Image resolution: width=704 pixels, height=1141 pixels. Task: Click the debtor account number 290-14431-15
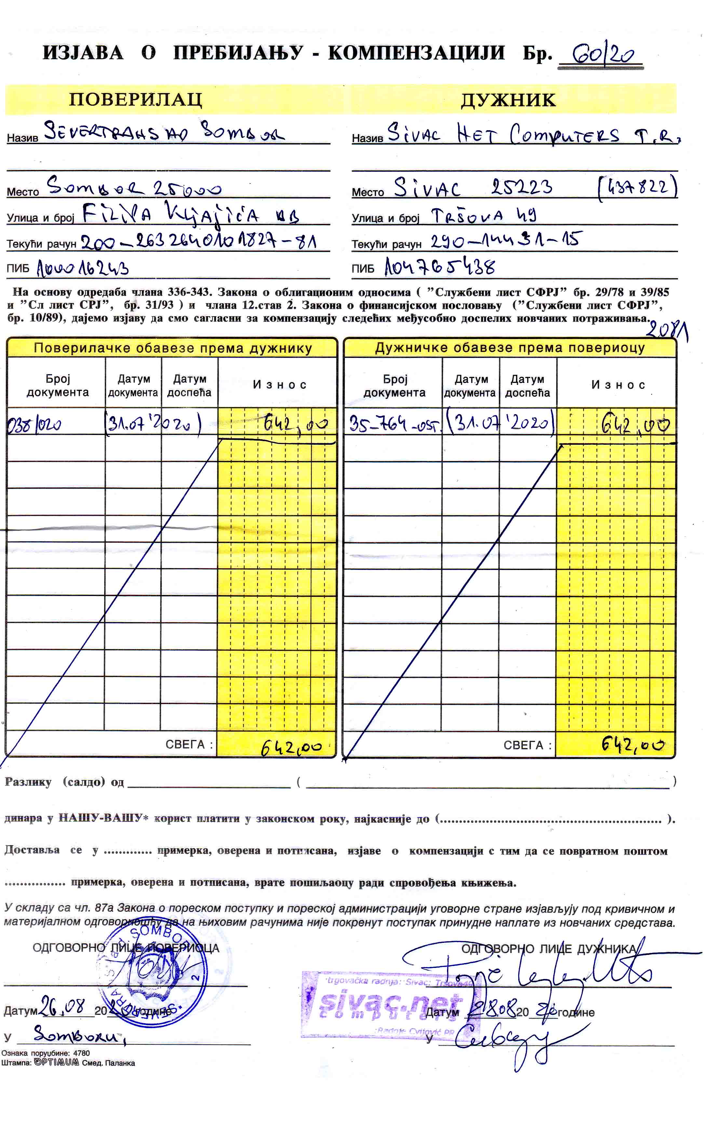point(505,240)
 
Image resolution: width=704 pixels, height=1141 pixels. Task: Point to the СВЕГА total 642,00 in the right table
point(633,744)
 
